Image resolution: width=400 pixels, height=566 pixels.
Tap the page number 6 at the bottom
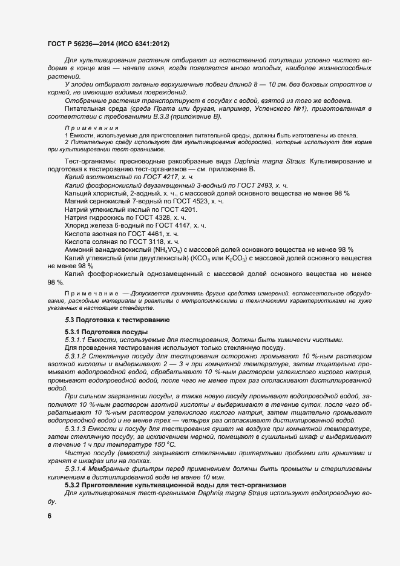[49, 516]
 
